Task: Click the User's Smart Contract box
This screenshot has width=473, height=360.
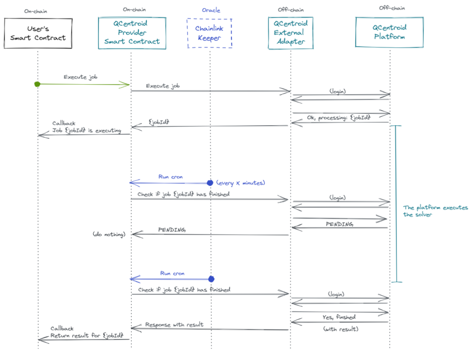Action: tap(38, 33)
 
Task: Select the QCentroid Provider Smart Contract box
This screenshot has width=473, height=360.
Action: tap(132, 33)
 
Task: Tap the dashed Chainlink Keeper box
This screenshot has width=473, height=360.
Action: tap(209, 33)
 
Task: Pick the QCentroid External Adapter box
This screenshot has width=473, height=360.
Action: tap(290, 33)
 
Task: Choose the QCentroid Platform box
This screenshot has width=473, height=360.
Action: tap(389, 32)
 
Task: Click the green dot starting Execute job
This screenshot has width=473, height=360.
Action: tap(37, 84)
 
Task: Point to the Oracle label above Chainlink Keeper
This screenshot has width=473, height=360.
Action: tap(211, 10)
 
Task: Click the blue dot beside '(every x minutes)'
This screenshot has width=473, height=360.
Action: tap(210, 183)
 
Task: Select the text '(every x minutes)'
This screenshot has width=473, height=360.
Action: tap(241, 183)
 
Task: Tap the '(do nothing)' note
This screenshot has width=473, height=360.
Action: tap(109, 234)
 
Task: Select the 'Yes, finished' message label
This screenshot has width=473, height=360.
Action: tap(339, 317)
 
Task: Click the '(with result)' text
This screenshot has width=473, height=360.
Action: tap(340, 329)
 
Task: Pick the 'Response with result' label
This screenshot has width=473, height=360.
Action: tap(174, 324)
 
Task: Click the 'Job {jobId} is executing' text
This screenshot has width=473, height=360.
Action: tap(86, 131)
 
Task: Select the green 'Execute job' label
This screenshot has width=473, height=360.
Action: tap(80, 77)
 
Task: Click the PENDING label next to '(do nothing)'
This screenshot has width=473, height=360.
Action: tap(172, 230)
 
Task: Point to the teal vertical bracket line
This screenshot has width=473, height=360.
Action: tap(396, 203)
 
